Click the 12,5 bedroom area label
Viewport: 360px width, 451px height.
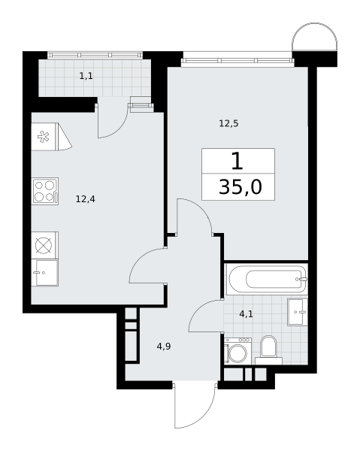pyautogui.click(x=229, y=124)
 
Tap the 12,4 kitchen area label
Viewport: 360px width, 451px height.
pyautogui.click(x=86, y=198)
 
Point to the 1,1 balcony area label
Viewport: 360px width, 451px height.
pyautogui.click(x=86, y=76)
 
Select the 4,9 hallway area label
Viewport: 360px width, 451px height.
pyautogui.click(x=164, y=347)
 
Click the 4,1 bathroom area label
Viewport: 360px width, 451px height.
pyautogui.click(x=246, y=313)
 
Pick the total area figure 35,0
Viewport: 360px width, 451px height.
pyautogui.click(x=241, y=187)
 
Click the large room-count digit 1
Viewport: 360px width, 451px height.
pyautogui.click(x=237, y=162)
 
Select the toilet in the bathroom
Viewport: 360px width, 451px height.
pyautogui.click(x=268, y=350)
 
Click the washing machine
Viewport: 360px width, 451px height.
pyautogui.click(x=237, y=351)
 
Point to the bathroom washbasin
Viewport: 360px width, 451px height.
pyautogui.click(x=298, y=312)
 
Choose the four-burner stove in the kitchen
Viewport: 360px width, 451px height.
pyautogui.click(x=45, y=191)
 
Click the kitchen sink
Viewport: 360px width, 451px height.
pyautogui.click(x=45, y=273)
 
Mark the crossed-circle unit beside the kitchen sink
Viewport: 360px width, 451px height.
pyautogui.click(x=45, y=245)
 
